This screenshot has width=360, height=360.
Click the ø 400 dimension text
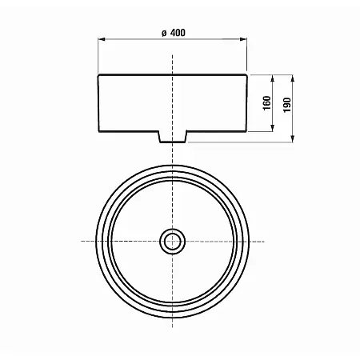[x=174, y=33]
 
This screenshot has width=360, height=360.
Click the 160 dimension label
[x=266, y=103]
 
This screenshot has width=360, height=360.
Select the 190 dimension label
[x=287, y=105]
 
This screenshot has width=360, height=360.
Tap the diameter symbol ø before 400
[x=164, y=33]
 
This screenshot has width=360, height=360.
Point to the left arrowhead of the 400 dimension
[x=102, y=39]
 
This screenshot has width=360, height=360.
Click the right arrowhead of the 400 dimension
[x=243, y=39]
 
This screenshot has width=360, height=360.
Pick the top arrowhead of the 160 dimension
[x=273, y=78]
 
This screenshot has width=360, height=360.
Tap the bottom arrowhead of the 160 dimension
[x=273, y=128]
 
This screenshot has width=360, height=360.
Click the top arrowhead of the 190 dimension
[x=293, y=78]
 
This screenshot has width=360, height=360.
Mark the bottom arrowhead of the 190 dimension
[x=293, y=138]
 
